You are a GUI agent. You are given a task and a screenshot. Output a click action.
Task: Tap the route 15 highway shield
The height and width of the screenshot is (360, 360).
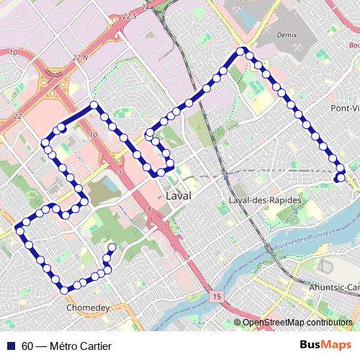216,296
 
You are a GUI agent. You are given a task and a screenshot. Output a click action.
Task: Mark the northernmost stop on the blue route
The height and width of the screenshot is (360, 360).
242,50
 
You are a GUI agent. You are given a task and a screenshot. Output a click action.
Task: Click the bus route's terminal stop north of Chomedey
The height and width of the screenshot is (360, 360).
112,248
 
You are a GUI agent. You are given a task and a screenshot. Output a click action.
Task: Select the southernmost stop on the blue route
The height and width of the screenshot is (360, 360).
65,290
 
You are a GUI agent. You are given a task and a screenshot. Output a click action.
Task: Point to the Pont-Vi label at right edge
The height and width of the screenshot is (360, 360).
344,107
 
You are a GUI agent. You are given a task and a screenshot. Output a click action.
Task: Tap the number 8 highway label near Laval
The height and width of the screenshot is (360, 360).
148,209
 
